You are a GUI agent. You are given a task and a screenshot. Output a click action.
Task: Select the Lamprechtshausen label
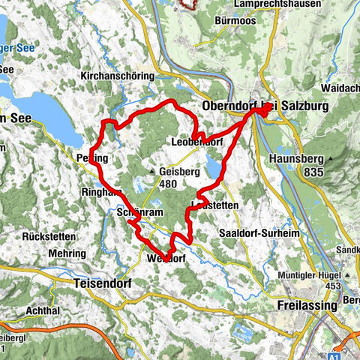coord(277,4)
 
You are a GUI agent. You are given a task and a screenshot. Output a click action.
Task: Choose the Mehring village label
coord(67,254)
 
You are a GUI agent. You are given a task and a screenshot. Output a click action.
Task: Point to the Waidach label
coord(343,88)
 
